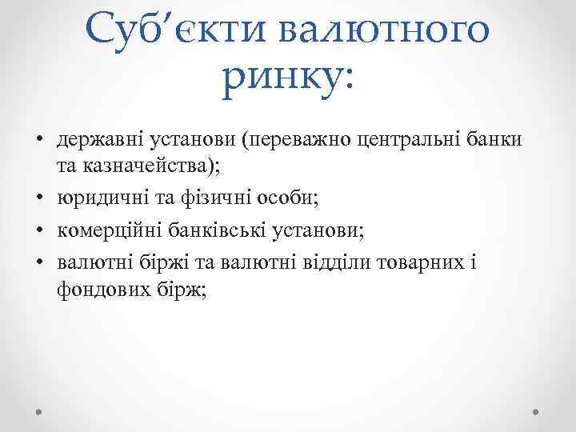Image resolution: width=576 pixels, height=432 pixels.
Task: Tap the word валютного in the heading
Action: pyautogui.click(x=384, y=31)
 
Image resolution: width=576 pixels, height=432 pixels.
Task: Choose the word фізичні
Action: pyautogui.click(x=213, y=195)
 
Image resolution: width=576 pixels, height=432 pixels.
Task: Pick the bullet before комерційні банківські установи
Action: pyautogui.click(x=40, y=231)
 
